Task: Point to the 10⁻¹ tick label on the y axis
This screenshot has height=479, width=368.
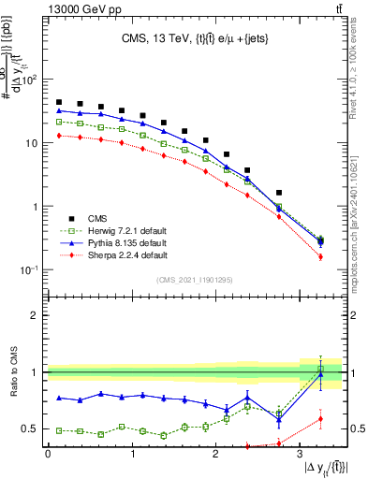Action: click(x=30, y=270)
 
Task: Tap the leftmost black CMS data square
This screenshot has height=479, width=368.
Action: click(x=59, y=103)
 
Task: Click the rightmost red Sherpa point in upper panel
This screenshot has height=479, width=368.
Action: click(x=320, y=256)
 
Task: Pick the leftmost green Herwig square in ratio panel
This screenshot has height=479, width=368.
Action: click(x=59, y=430)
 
